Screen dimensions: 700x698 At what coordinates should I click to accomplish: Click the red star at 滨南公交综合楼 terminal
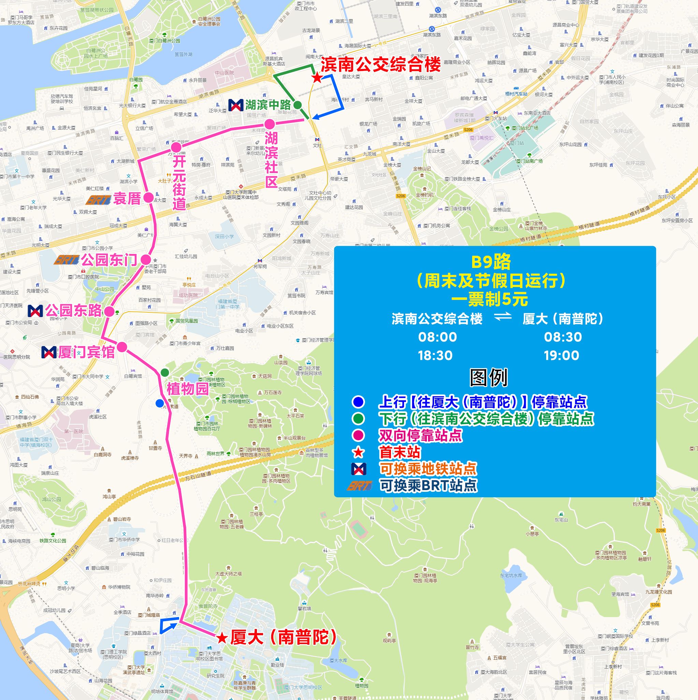(317, 77)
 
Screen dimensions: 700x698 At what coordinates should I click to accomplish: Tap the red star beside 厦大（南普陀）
(222, 638)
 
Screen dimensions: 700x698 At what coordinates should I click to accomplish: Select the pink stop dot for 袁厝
(148, 198)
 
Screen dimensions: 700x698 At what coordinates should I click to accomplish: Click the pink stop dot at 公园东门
(146, 259)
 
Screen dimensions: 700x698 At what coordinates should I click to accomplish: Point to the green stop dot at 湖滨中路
(297, 105)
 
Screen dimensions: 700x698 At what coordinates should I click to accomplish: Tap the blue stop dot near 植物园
(159, 403)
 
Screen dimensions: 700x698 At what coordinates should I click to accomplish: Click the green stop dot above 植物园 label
(165, 372)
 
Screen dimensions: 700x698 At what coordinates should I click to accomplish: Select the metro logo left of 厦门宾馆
(49, 352)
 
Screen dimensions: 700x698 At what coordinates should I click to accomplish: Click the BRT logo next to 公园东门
(67, 260)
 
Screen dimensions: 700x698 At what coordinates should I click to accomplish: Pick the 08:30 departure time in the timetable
(563, 337)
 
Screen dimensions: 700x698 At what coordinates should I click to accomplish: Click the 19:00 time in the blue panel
(562, 355)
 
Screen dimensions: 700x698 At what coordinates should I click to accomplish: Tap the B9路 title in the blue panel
(491, 262)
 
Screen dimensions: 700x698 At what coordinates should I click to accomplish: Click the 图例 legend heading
(489, 377)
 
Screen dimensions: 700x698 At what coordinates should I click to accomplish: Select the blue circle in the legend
(358, 402)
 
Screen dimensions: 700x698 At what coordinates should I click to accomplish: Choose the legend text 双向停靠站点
(420, 435)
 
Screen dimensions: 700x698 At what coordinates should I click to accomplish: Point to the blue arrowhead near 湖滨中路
(316, 117)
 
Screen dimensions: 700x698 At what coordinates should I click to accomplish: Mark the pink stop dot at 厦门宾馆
(122, 347)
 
